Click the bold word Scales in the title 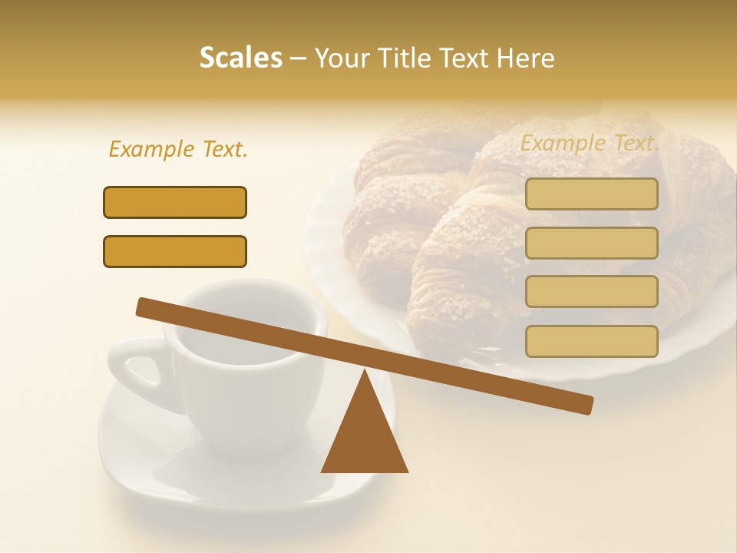(x=241, y=58)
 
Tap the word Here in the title (x=526, y=58)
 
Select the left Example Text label (x=178, y=149)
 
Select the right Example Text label (x=590, y=143)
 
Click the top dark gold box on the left (x=175, y=202)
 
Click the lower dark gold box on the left (x=175, y=251)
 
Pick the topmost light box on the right (x=591, y=194)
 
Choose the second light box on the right (x=591, y=243)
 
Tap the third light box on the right (x=591, y=291)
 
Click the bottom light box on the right (x=591, y=341)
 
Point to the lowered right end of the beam (x=585, y=405)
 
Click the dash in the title (x=299, y=58)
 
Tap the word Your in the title (x=343, y=58)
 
